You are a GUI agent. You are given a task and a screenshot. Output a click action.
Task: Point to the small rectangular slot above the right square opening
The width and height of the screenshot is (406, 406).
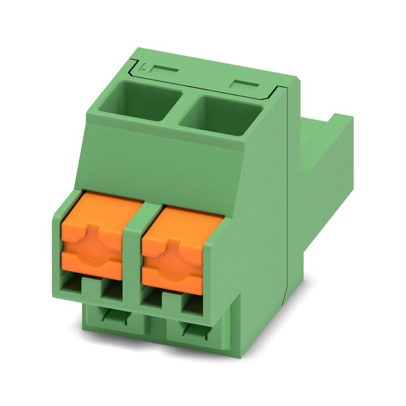[244, 84]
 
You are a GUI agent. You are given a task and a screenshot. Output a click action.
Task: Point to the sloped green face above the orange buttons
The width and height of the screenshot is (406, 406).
[162, 162]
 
